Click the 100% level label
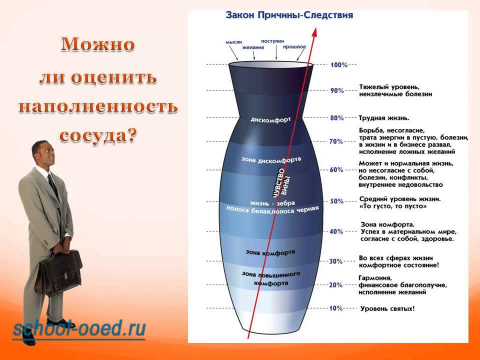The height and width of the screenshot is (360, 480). tap(339, 65)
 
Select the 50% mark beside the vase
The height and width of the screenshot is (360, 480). tap(336, 201)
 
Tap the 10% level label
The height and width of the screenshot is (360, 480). tap(336, 308)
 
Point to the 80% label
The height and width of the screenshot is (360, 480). tap(337, 118)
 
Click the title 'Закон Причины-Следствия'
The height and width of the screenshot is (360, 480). tap(289, 15)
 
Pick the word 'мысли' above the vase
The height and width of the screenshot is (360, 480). tap(234, 42)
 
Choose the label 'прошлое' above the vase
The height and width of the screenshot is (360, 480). tap(294, 47)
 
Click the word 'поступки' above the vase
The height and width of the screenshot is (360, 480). tap(272, 41)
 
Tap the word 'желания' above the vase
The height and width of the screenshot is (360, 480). tap(253, 47)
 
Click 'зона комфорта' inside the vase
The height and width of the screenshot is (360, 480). tap(270, 252)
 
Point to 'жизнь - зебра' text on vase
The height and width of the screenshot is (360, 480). tap(272, 203)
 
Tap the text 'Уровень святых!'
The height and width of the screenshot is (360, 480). tap(387, 308)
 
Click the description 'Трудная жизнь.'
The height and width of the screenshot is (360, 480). tap(384, 118)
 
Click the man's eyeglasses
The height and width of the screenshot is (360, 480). tap(48, 150)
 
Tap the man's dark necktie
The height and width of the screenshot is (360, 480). tap(53, 185)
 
